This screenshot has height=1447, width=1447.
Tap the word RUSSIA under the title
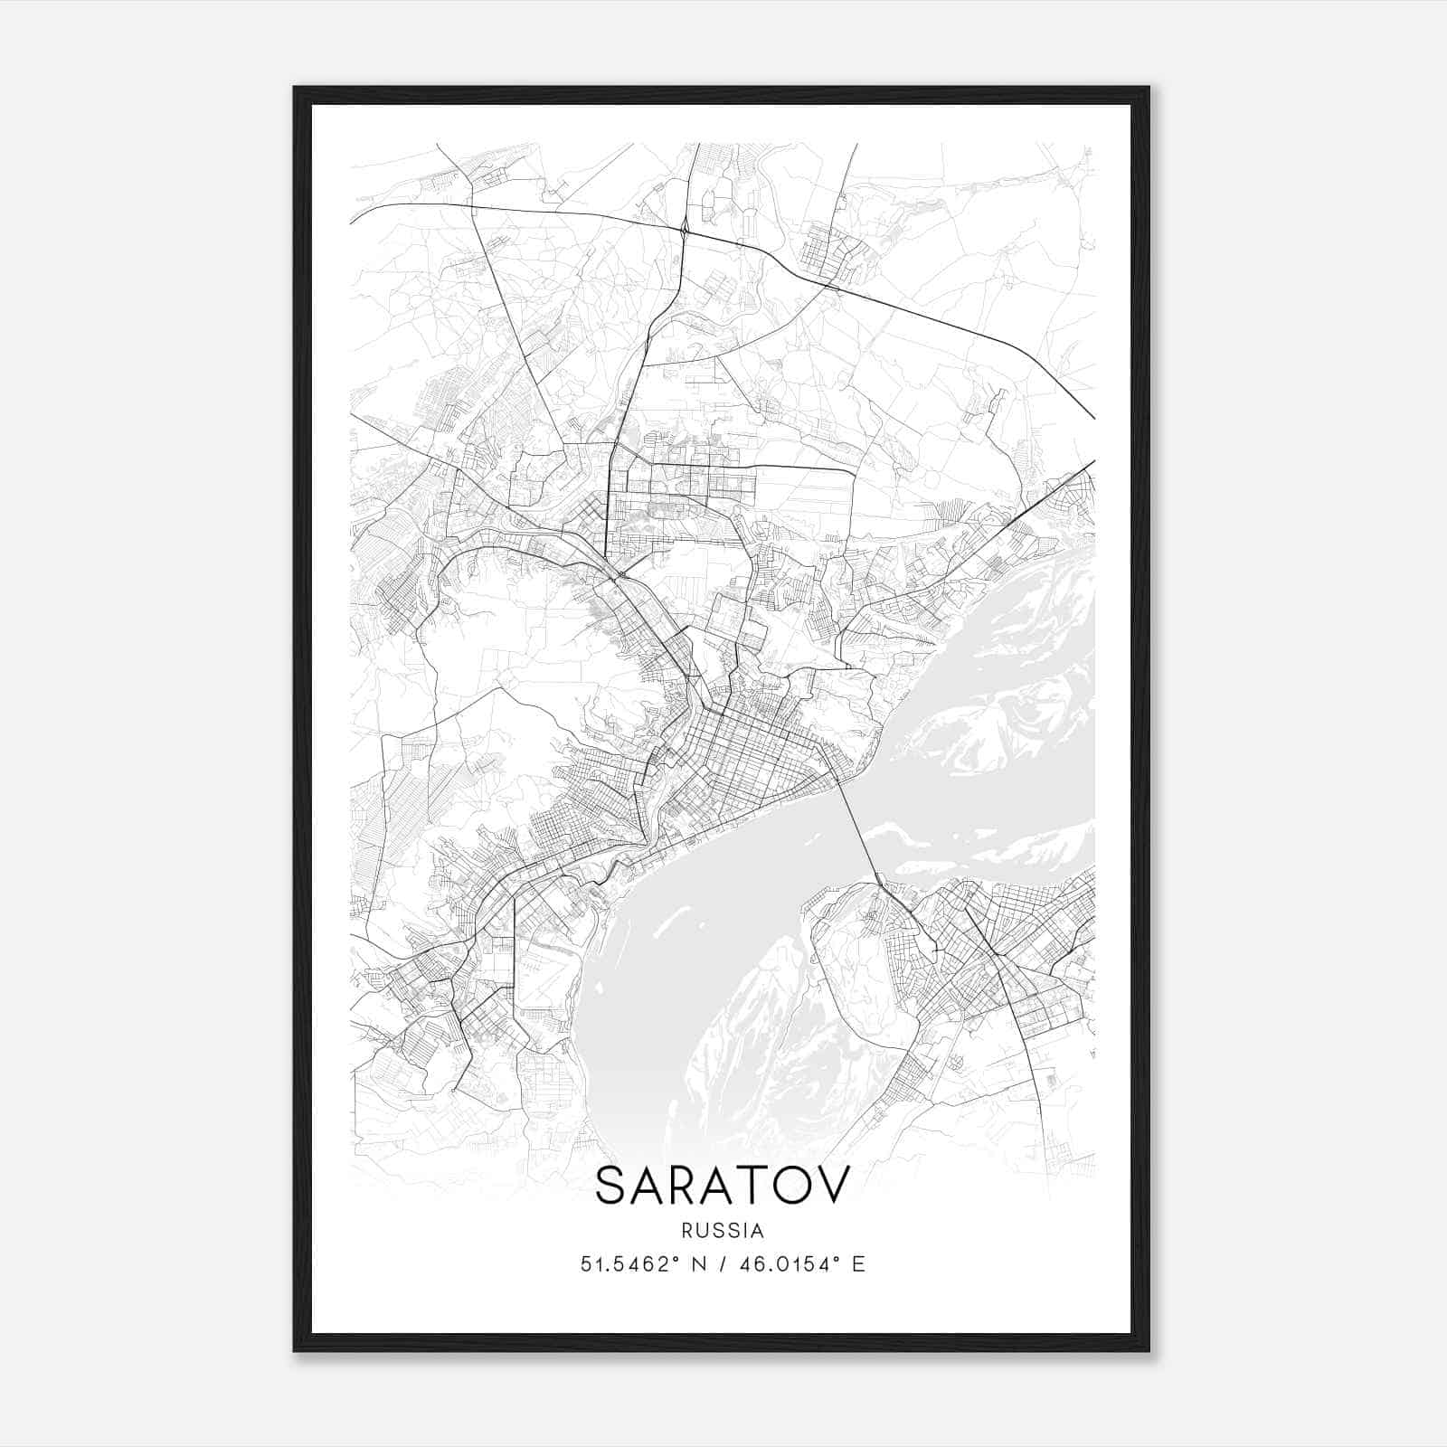[723, 1231]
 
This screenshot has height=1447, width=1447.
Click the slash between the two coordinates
[722, 1264]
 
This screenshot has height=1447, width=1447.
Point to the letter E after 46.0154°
[858, 1264]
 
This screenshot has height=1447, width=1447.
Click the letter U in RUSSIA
[701, 1231]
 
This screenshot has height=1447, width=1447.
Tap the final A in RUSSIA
[758, 1231]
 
